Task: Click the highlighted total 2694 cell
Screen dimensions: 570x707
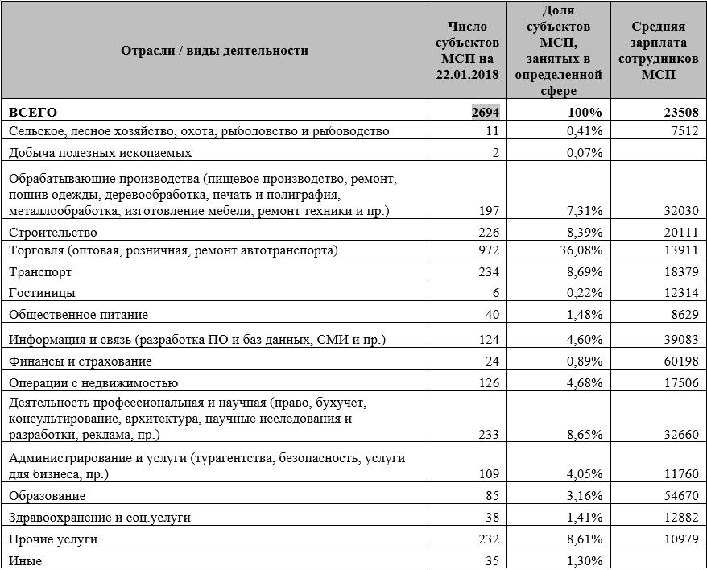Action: click(x=486, y=112)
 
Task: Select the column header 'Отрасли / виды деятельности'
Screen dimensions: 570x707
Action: click(x=214, y=51)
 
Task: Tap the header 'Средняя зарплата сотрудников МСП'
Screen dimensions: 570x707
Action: click(x=659, y=51)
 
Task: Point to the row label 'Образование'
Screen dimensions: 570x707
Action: click(x=47, y=496)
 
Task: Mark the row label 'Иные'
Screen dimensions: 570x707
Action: click(x=25, y=560)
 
